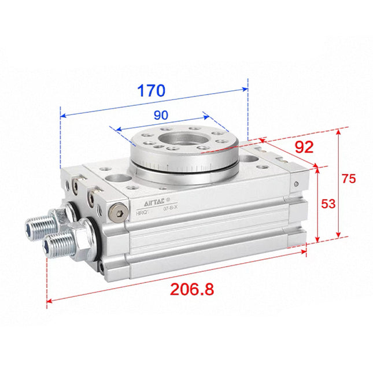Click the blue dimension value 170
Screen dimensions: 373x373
coord(151,91)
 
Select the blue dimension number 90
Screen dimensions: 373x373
coord(161,115)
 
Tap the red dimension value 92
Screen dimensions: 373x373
coord(303,147)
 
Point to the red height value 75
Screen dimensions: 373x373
coord(348,179)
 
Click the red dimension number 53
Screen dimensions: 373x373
coord(328,203)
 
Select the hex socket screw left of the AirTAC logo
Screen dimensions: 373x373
coord(120,212)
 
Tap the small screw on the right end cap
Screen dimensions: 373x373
coord(296,184)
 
